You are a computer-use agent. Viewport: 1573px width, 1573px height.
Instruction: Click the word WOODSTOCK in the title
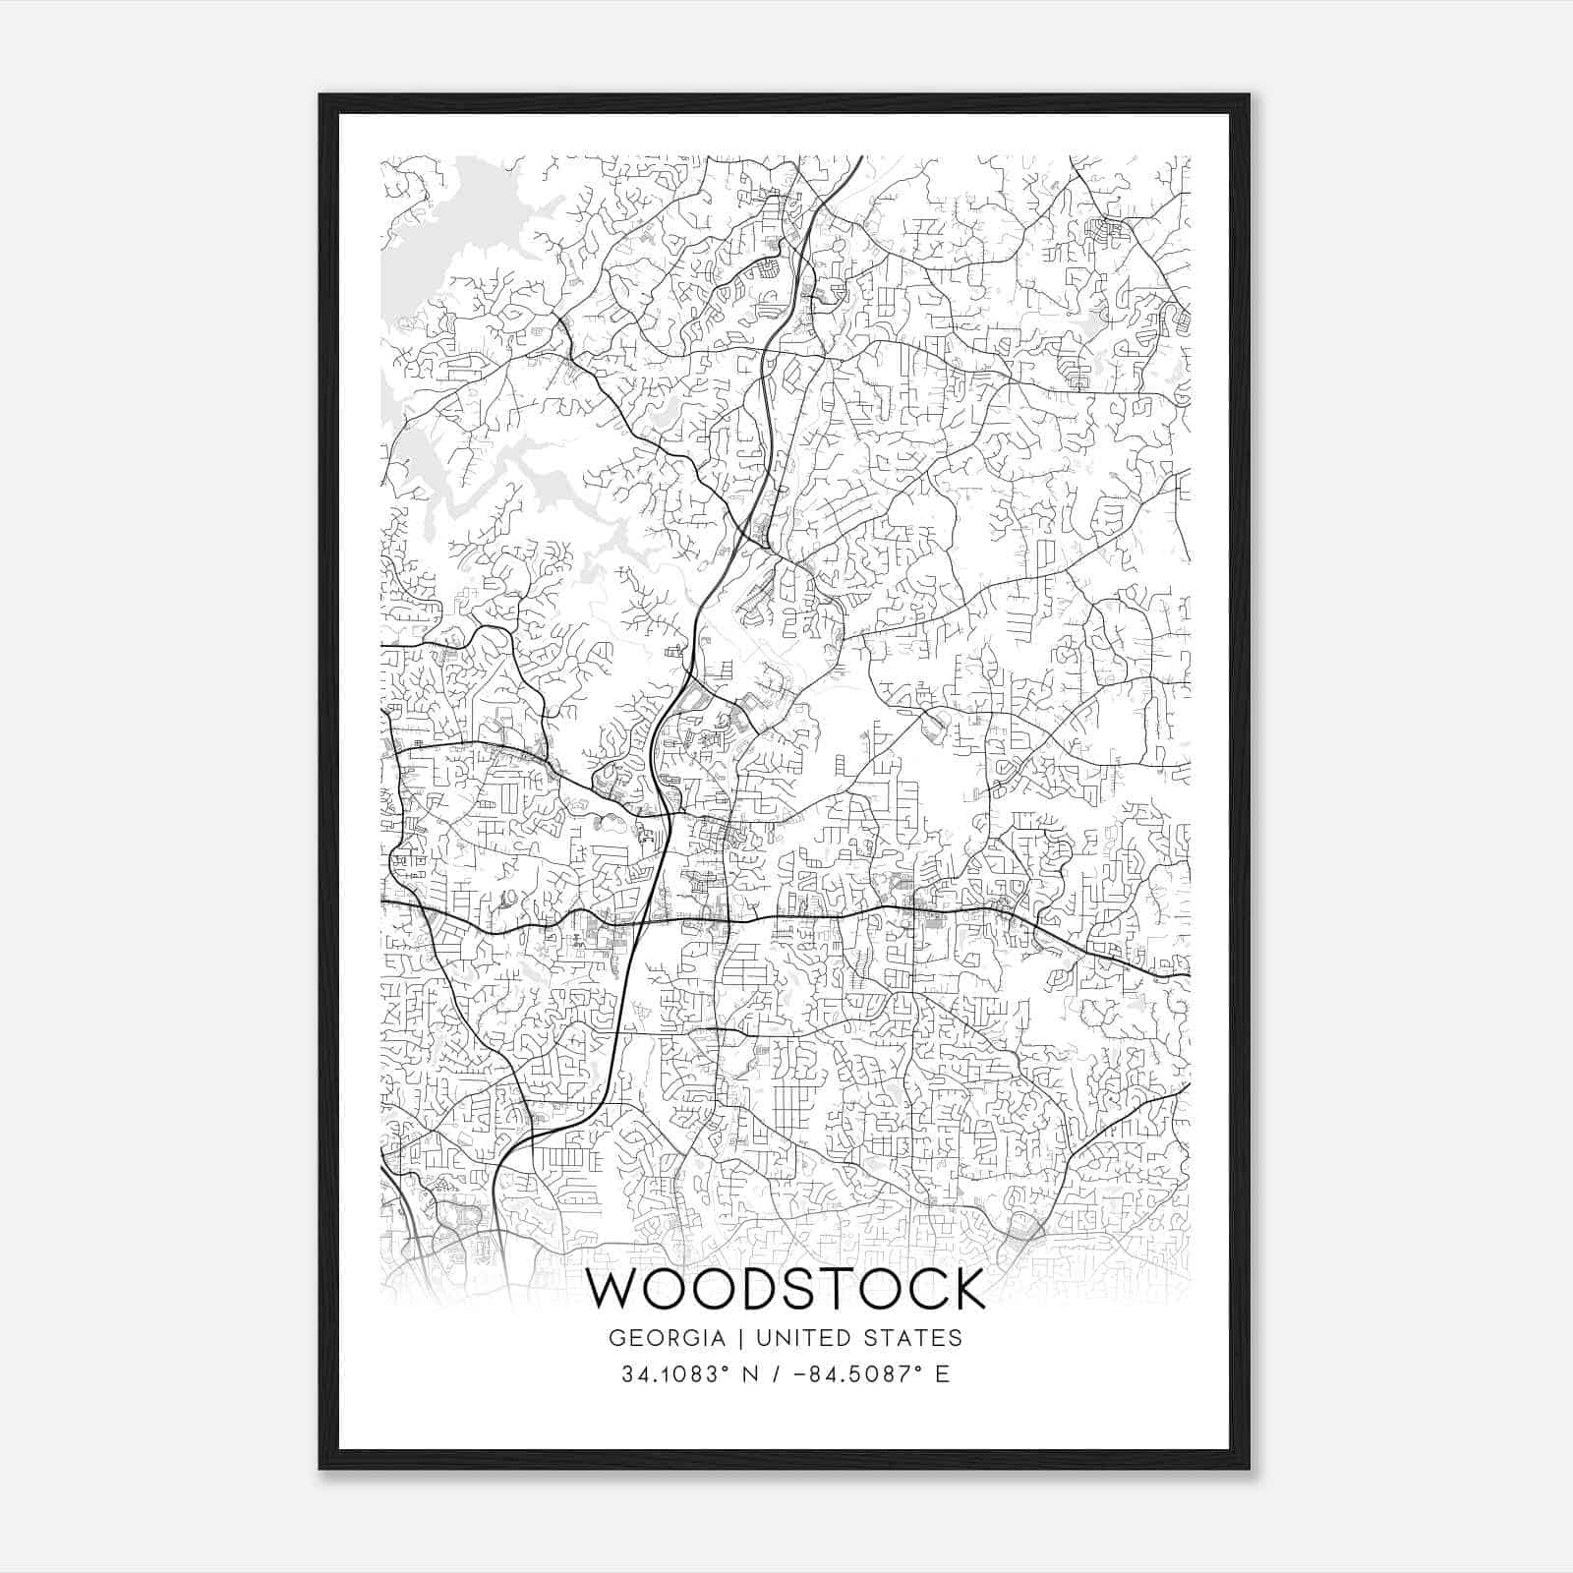[786, 1289]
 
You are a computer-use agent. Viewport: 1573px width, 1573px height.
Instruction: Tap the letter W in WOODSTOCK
[614, 1289]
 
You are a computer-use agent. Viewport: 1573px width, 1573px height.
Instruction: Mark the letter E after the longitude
[942, 1373]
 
